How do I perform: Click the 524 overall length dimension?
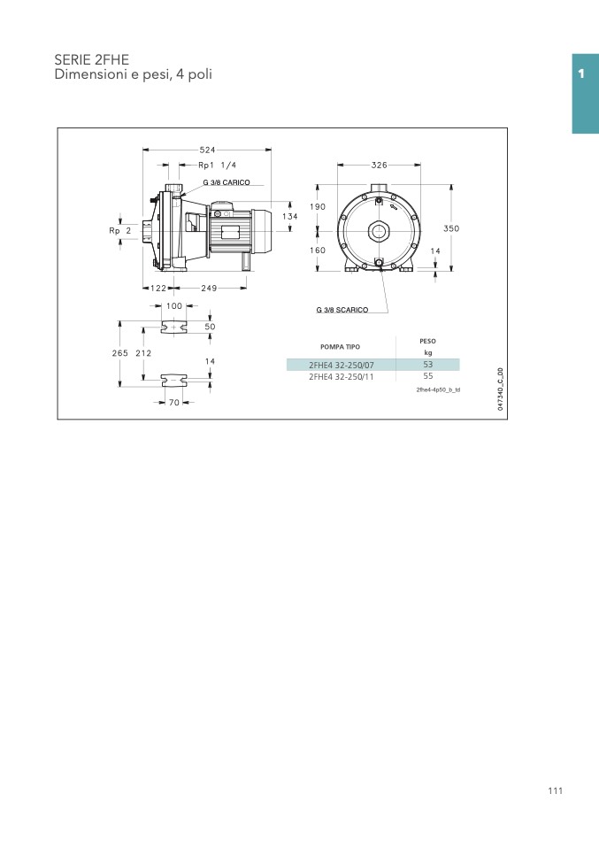[207, 150]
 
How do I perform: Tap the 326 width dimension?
[379, 165]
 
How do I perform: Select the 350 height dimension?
[451, 228]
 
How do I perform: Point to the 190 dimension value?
[318, 206]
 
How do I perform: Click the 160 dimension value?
[318, 250]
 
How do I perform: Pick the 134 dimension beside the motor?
[290, 216]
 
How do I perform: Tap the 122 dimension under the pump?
[157, 289]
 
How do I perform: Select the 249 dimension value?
[209, 289]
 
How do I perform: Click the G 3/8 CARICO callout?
[227, 183]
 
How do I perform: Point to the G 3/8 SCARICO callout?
[342, 310]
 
